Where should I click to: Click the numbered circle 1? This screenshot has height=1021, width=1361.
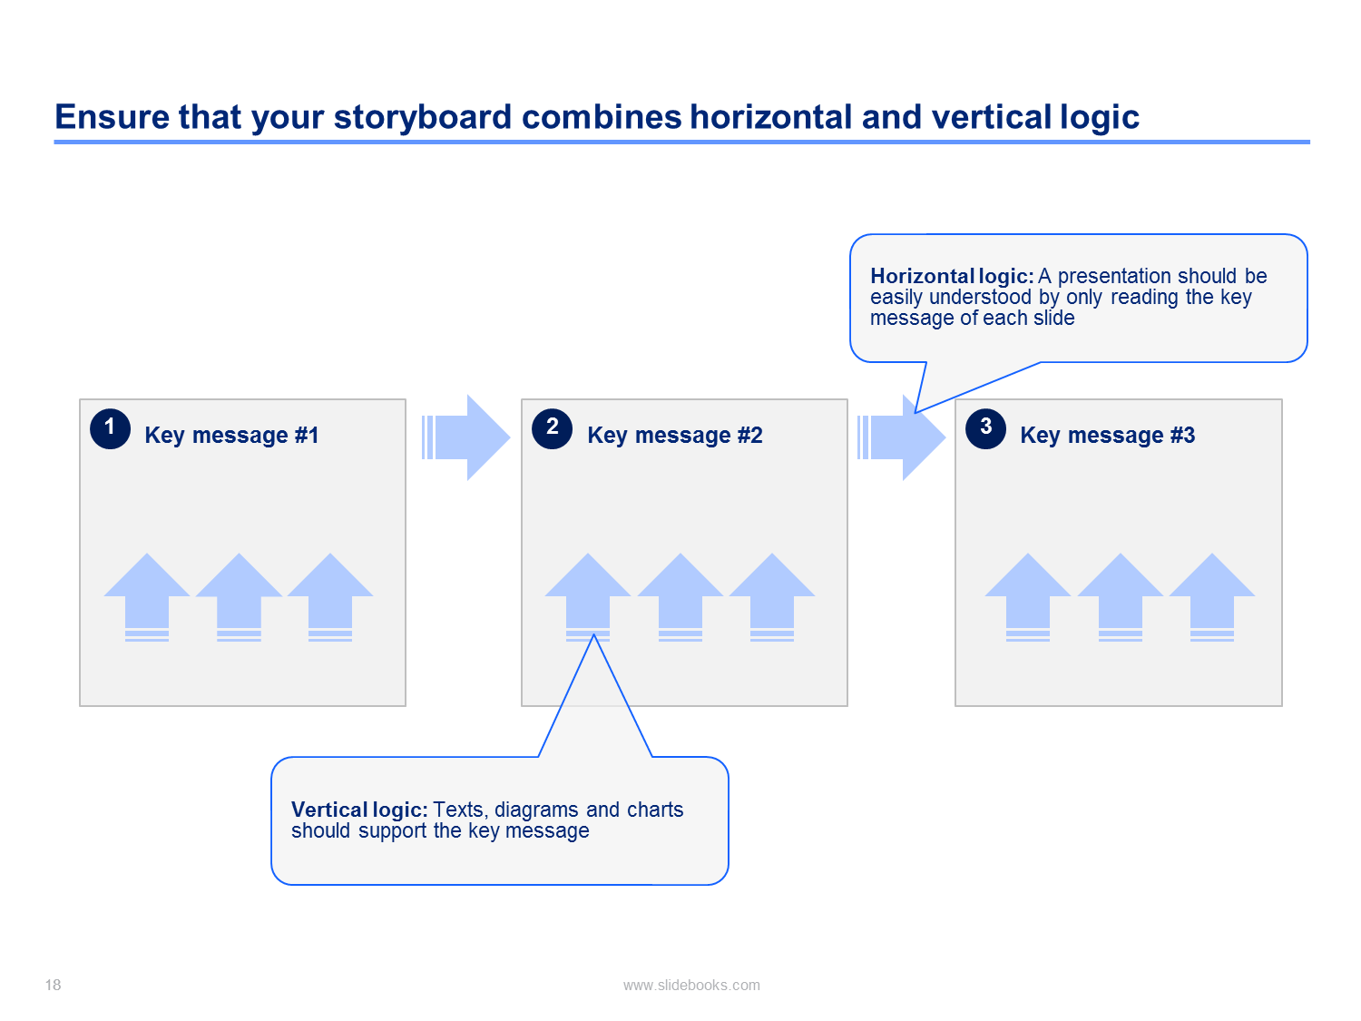(110, 428)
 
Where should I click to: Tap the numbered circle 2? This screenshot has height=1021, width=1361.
(552, 428)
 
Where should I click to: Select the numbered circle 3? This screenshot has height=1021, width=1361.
(985, 428)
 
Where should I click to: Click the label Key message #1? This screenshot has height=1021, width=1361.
(231, 436)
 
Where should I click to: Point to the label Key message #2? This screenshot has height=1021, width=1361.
(675, 436)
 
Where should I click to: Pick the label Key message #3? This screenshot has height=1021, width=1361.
(1108, 436)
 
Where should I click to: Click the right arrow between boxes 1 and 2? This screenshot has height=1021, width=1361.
(465, 437)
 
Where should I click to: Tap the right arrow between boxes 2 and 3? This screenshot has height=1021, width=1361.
(902, 437)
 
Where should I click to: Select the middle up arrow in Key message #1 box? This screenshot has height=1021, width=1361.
(239, 597)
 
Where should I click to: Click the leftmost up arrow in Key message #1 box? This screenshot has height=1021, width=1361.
(147, 597)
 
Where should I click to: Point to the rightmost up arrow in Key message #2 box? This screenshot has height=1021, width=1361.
(772, 597)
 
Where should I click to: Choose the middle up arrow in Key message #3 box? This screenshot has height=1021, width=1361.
(1120, 597)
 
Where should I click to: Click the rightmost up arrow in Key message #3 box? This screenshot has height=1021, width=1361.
(1212, 597)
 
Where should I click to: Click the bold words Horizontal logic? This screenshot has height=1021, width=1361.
(952, 277)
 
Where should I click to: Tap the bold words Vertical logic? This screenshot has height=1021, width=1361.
(359, 810)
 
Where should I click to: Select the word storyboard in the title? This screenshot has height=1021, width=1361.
(423, 118)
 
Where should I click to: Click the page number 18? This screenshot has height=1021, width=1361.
(53, 985)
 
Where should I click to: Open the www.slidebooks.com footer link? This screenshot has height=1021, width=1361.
(691, 985)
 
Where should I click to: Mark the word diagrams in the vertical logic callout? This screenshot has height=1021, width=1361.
(536, 810)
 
